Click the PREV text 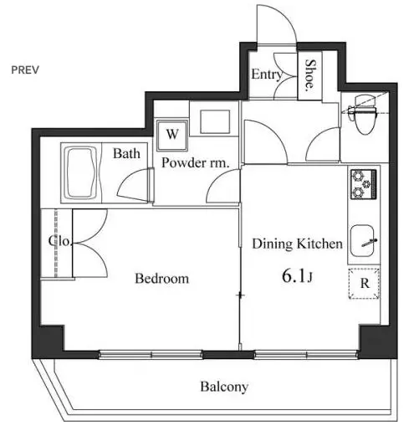click(25, 69)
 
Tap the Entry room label click(267, 74)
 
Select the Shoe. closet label click(309, 74)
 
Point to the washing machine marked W click(172, 135)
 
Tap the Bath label click(126, 153)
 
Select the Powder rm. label click(196, 163)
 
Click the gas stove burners click(364, 184)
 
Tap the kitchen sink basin click(362, 241)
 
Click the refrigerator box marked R click(364, 283)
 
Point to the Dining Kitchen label click(297, 244)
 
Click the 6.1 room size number click(294, 276)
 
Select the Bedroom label click(161, 279)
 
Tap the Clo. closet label click(60, 241)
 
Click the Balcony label click(224, 387)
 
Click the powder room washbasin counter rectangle click(215, 121)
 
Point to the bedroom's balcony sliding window click(151, 354)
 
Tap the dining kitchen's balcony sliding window click(306, 354)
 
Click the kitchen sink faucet click(369, 243)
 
